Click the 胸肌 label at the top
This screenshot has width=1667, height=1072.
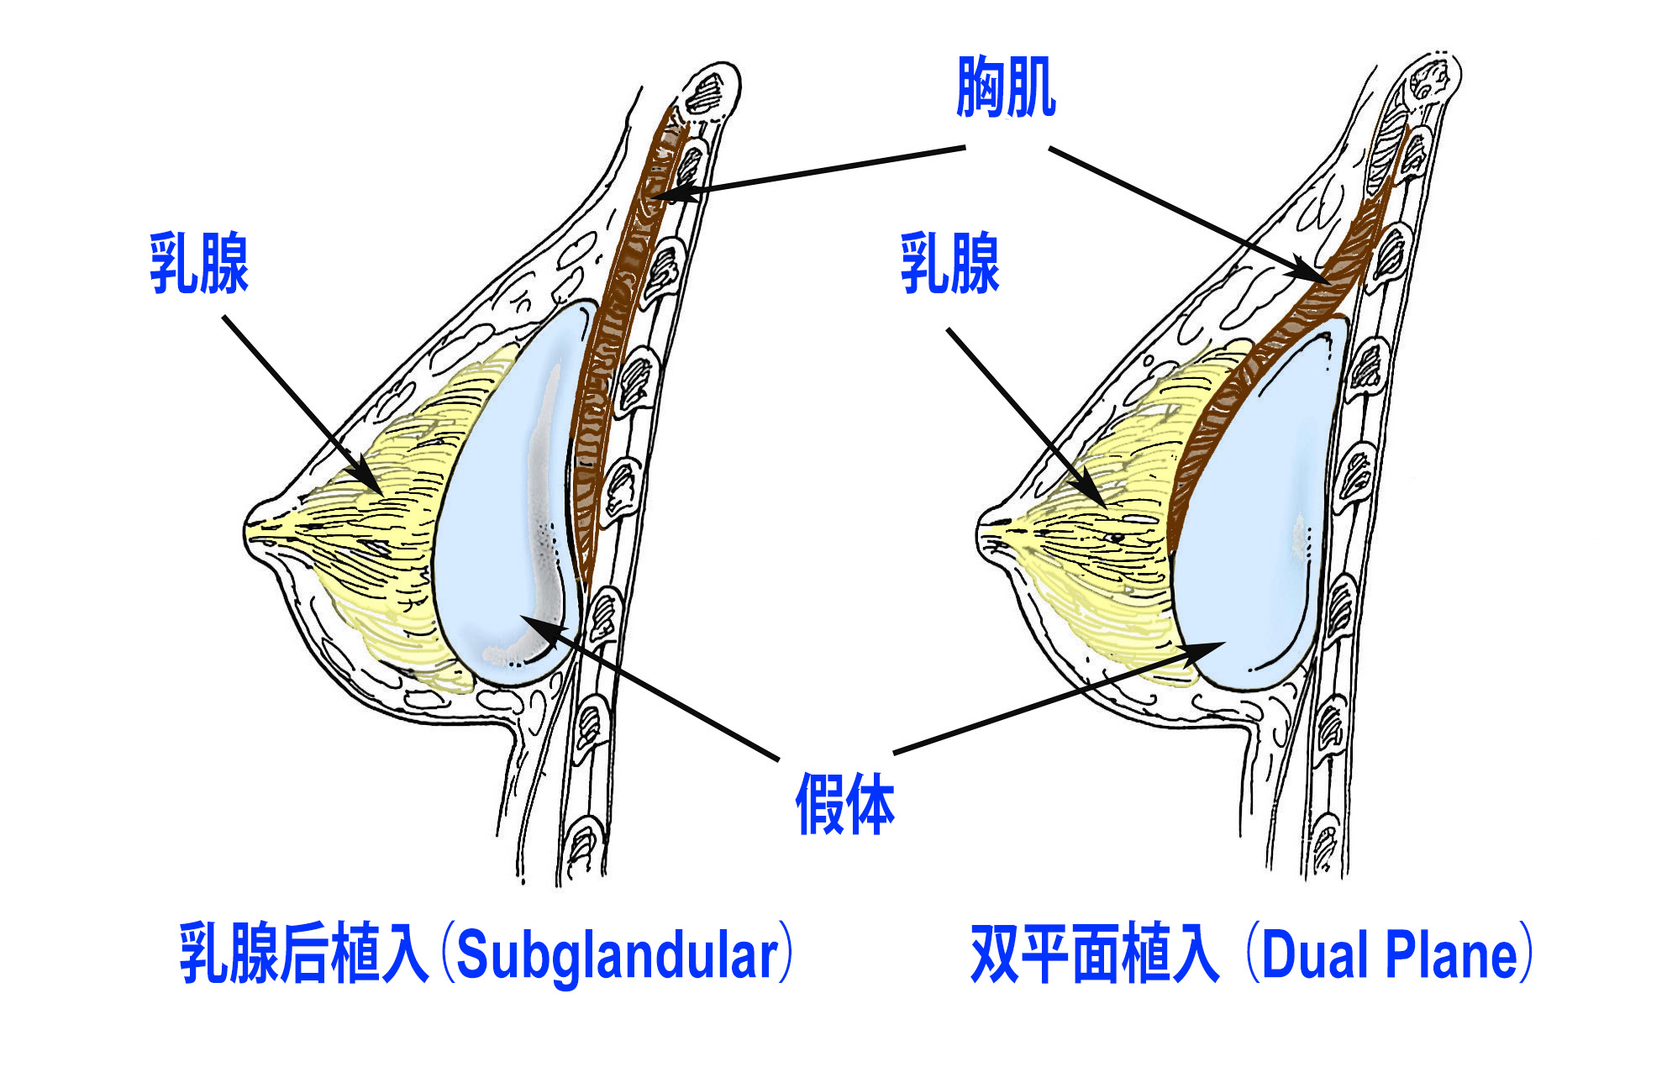(1006, 87)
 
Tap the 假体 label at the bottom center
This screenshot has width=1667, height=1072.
(844, 804)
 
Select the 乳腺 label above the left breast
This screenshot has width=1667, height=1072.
(199, 264)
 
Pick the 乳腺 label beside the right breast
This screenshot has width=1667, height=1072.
(949, 264)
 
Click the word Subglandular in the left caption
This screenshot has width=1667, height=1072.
(618, 955)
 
